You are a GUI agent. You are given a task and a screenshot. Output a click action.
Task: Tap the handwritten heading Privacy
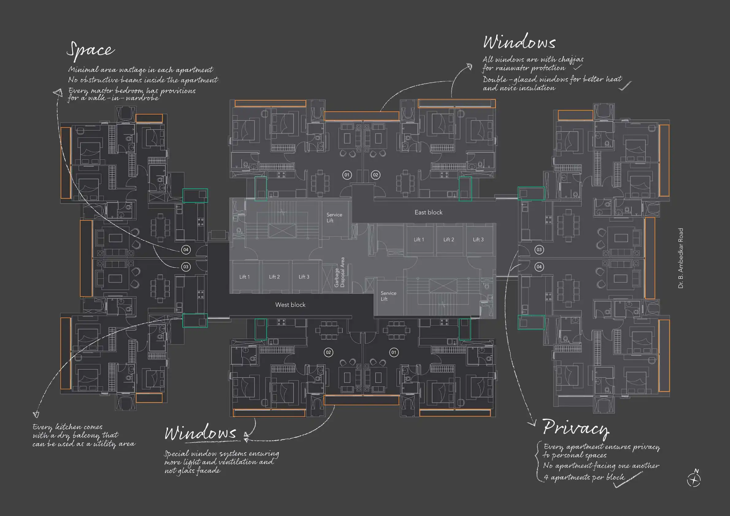(x=575, y=428)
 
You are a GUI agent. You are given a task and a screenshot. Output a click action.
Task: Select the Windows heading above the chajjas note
(x=519, y=42)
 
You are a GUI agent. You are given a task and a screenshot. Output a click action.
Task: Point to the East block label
(x=428, y=212)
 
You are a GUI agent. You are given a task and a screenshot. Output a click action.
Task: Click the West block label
(x=290, y=304)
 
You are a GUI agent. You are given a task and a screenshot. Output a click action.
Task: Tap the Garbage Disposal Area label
(x=340, y=272)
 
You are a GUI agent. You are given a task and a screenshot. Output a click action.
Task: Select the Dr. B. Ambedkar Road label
(x=680, y=258)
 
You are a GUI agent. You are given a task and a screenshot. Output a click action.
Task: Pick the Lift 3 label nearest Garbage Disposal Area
(x=304, y=277)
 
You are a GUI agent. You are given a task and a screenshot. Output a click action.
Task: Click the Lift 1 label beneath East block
(x=419, y=239)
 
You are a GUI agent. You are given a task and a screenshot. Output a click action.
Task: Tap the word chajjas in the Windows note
(x=571, y=59)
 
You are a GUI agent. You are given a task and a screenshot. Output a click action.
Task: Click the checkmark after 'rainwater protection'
(x=577, y=67)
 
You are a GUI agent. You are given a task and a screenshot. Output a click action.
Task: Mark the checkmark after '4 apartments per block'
(x=628, y=480)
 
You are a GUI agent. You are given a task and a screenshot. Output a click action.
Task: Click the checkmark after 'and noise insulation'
(x=625, y=86)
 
